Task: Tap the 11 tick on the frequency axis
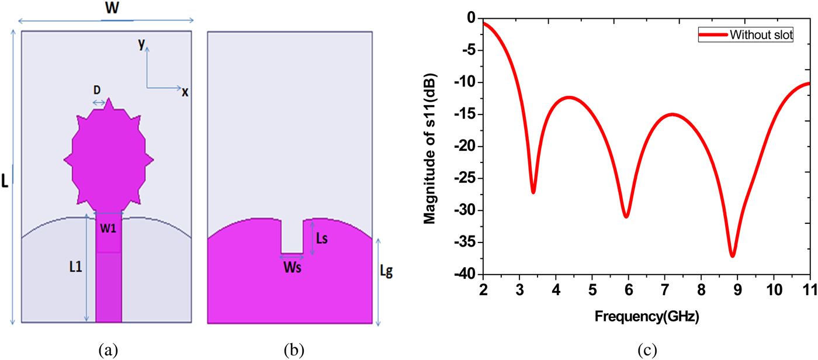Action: [x=810, y=290]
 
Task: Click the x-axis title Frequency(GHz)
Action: [x=647, y=317]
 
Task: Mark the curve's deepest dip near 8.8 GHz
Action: [x=732, y=255]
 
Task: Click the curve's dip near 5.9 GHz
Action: [x=626, y=216]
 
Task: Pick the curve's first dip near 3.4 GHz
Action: [x=533, y=192]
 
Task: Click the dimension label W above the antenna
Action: [x=108, y=9]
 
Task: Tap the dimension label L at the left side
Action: [x=5, y=182]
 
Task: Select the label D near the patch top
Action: [x=97, y=90]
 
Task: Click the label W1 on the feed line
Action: [x=108, y=229]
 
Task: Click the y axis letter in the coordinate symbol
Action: [x=141, y=44]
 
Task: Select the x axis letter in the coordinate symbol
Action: [x=185, y=92]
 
